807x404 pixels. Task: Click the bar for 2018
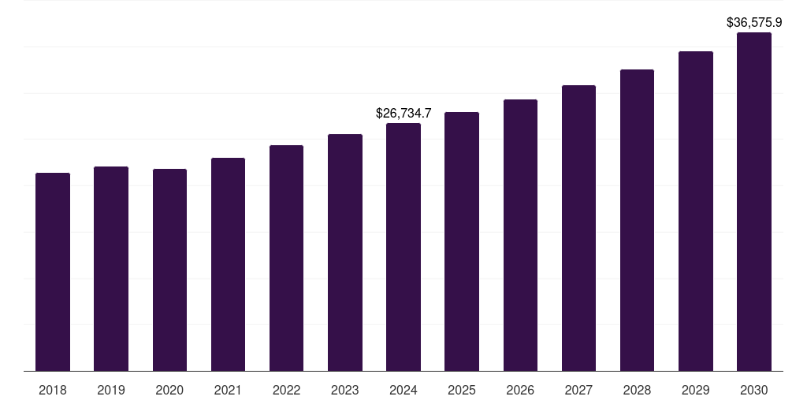(53, 272)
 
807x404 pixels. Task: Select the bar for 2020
(169, 270)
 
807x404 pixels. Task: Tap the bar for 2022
(286, 258)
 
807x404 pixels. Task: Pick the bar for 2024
(403, 247)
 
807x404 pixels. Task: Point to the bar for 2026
(520, 235)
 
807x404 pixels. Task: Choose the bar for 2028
(637, 220)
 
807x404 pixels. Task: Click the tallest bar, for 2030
(754, 202)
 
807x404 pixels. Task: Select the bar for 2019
(111, 269)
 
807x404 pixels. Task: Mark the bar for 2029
(696, 211)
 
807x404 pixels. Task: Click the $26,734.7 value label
(403, 114)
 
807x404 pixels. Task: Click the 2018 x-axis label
(53, 390)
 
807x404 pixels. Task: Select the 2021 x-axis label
(228, 390)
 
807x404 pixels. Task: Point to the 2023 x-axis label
(345, 390)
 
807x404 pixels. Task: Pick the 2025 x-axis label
(462, 390)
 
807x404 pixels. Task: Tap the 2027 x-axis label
(578, 390)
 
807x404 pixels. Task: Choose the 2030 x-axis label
(754, 390)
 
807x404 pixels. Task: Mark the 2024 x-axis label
(403, 390)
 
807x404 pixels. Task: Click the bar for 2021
(228, 264)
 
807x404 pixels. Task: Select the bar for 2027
(578, 228)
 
